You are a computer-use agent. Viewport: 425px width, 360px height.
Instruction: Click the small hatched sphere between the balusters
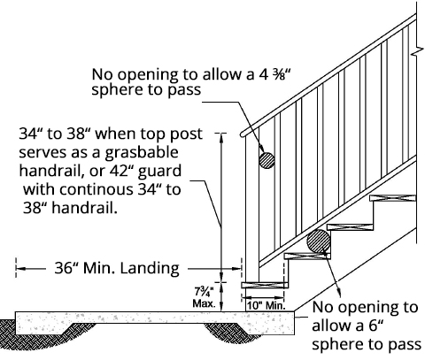(267, 160)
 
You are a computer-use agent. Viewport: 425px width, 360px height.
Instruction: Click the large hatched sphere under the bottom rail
(319, 241)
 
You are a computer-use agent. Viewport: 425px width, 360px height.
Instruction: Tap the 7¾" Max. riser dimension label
(204, 297)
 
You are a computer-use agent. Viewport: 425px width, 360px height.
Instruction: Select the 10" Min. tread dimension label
(267, 306)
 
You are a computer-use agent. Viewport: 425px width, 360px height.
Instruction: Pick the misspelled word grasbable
(142, 153)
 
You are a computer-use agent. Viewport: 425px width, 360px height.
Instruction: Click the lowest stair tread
(265, 285)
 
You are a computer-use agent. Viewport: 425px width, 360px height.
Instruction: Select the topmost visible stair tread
(392, 198)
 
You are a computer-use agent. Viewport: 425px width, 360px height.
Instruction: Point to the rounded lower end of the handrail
(243, 134)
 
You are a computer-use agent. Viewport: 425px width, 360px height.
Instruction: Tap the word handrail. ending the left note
(85, 208)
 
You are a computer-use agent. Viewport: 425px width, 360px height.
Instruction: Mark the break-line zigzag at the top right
(417, 51)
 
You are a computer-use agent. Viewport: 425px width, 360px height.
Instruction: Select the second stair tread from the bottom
(307, 256)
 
